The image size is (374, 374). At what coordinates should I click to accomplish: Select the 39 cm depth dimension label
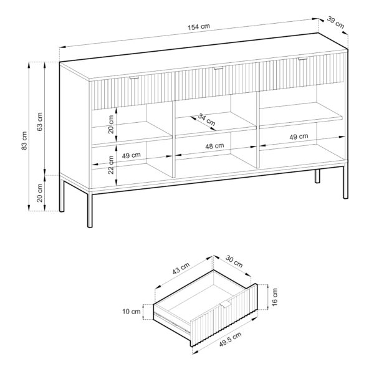[335, 24]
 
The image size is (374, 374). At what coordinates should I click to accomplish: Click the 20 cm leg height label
[41, 194]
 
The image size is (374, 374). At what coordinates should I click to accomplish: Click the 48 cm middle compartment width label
[214, 145]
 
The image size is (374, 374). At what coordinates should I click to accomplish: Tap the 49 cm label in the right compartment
[299, 137]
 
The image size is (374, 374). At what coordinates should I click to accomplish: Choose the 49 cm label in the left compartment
[131, 155]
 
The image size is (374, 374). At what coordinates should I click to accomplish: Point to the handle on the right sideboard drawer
[302, 60]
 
